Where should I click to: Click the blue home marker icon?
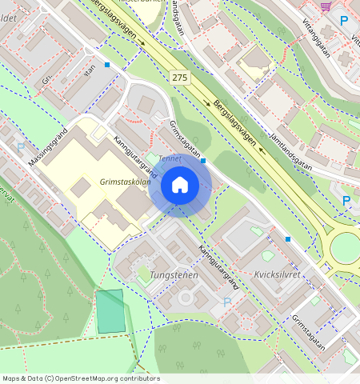pyautogui.click(x=180, y=185)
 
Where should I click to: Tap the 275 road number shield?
pyautogui.click(x=180, y=77)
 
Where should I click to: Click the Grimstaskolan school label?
pyautogui.click(x=126, y=182)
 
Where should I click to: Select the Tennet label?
pyautogui.click(x=170, y=158)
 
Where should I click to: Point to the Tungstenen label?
pyautogui.click(x=173, y=274)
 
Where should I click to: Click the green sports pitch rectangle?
pyautogui.click(x=110, y=311)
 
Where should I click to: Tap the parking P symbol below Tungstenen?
pyautogui.click(x=226, y=302)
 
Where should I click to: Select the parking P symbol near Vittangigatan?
pyautogui.click(x=344, y=21)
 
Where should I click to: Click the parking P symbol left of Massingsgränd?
pyautogui.click(x=21, y=147)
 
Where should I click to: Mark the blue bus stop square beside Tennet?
pyautogui.click(x=204, y=161)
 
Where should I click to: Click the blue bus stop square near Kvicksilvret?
pyautogui.click(x=287, y=239)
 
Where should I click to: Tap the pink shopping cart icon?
pyautogui.click(x=326, y=6)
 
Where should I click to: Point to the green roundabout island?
pyautogui.click(x=346, y=248)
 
